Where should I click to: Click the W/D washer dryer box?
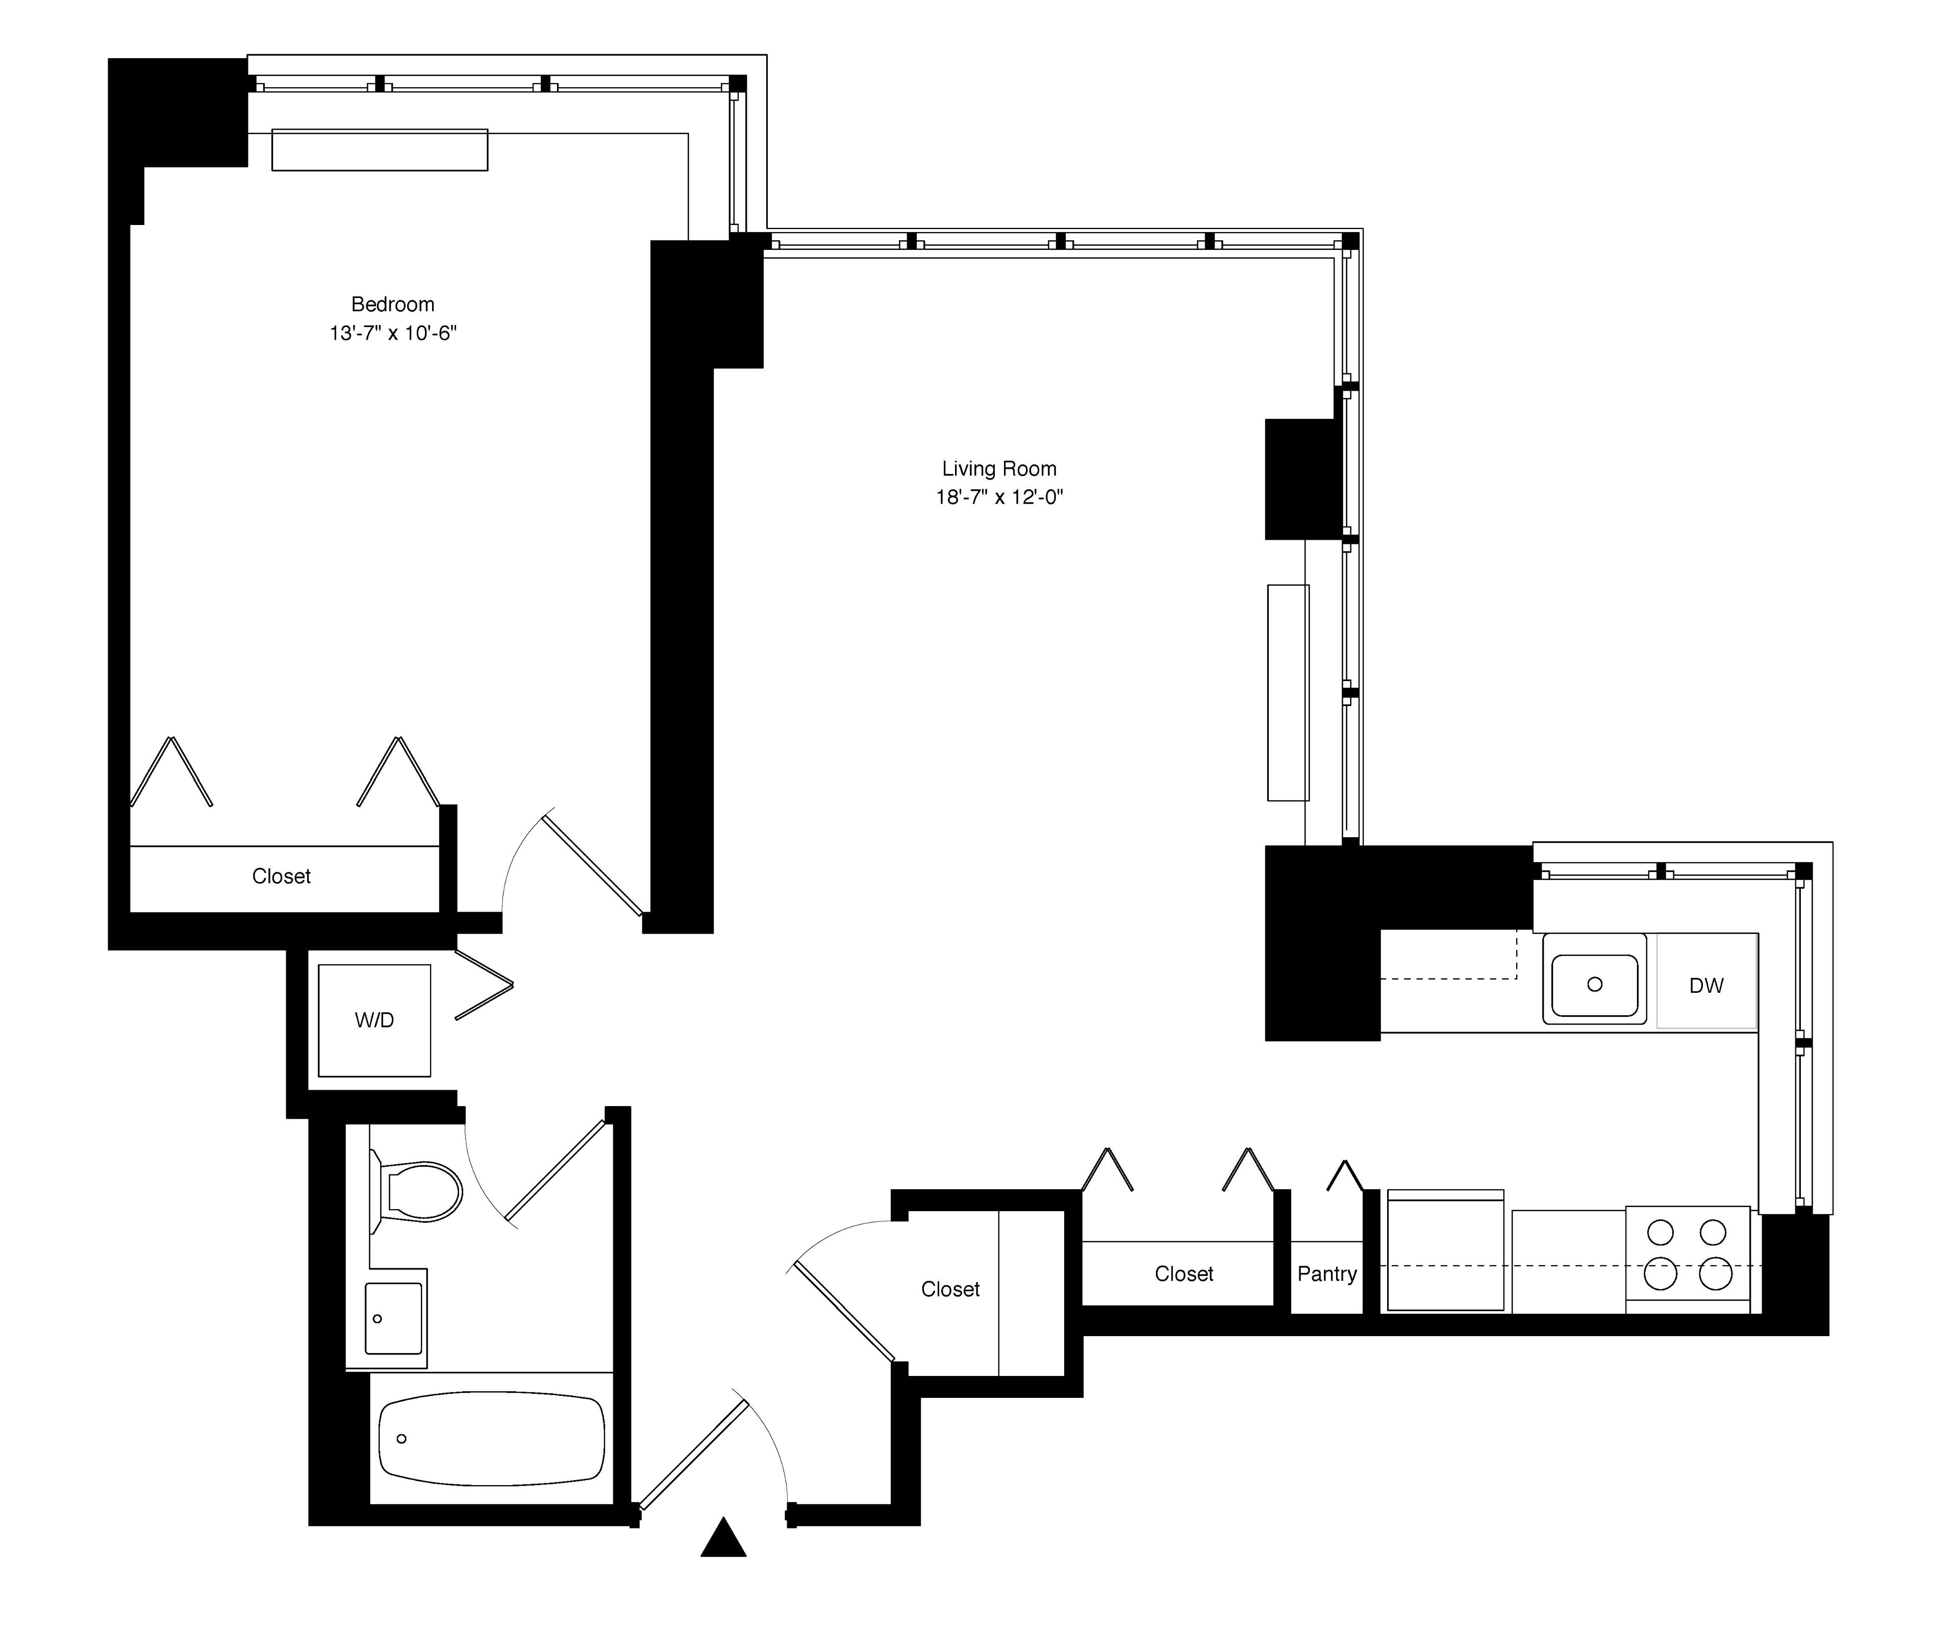point(374,1020)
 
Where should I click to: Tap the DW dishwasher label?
point(1705,985)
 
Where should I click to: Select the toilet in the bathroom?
point(420,1192)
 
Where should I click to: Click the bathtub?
point(492,1438)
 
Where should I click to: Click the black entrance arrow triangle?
point(723,1539)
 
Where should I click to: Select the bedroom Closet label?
point(281,876)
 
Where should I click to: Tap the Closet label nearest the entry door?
point(949,1289)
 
